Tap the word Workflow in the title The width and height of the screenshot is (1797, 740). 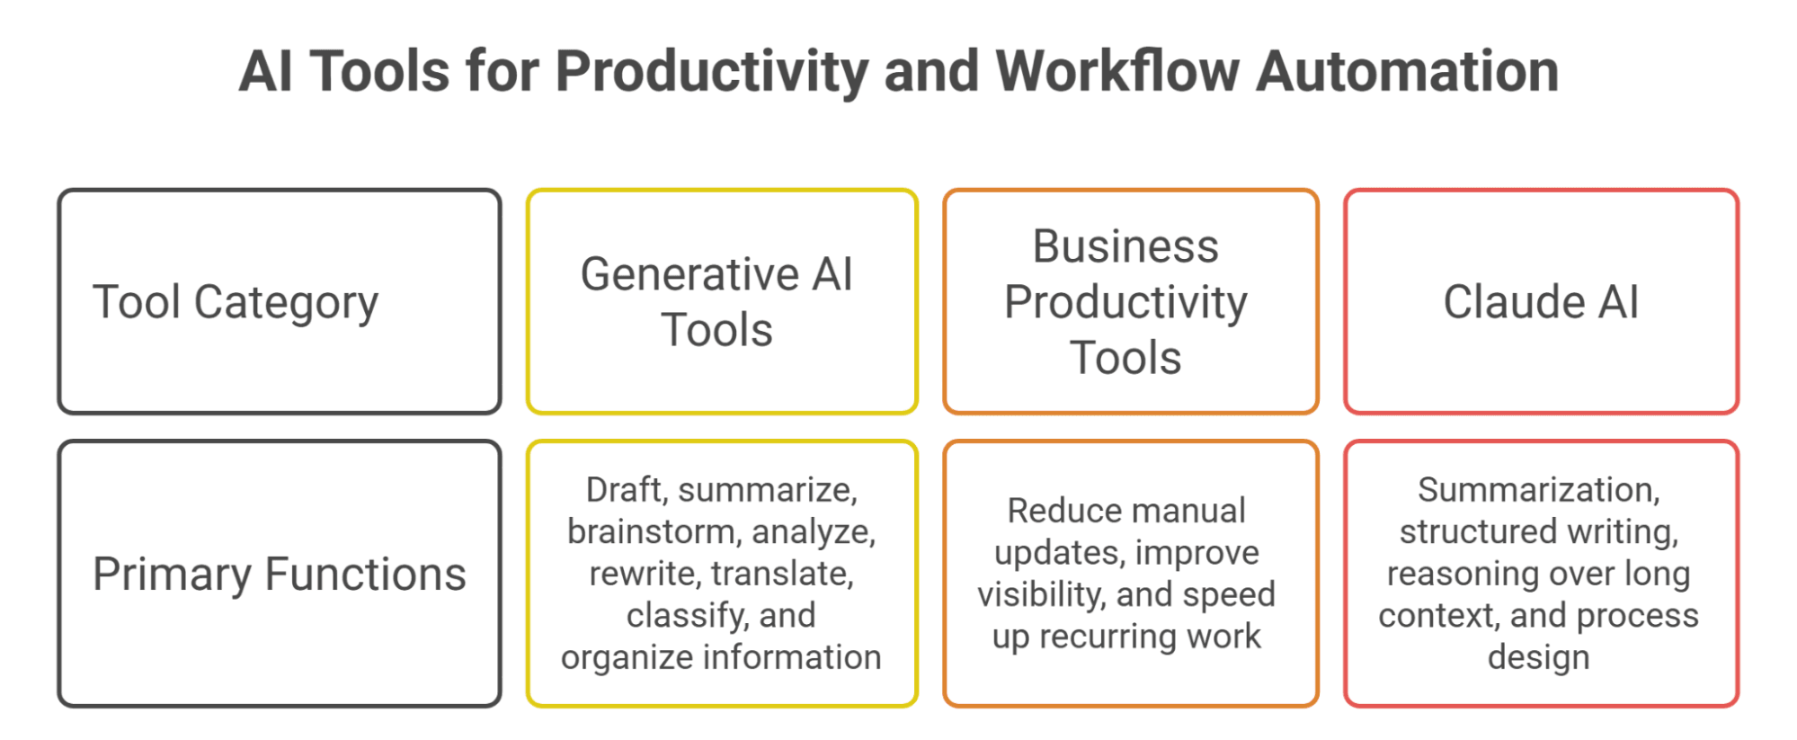click(1117, 71)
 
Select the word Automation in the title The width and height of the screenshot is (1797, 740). click(1408, 71)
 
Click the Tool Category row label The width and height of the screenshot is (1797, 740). click(236, 303)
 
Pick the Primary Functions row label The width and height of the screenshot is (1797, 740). click(280, 574)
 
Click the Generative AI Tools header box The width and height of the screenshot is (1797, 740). click(722, 301)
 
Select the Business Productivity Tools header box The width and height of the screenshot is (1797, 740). click(1131, 301)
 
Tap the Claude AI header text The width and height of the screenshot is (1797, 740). click(1541, 301)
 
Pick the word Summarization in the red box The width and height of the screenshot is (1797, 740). click(1539, 490)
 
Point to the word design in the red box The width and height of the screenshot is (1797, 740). click(1539, 657)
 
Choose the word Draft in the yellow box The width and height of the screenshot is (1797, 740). click(624, 490)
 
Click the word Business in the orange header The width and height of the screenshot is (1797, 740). click(1125, 246)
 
